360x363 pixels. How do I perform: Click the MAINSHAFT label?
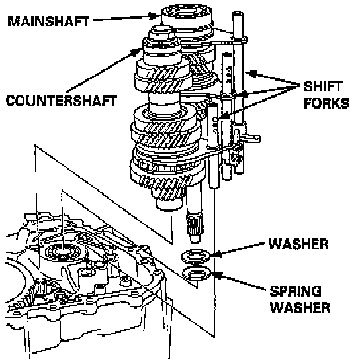click(48, 21)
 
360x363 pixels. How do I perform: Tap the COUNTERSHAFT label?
click(62, 101)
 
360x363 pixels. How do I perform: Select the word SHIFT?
click(323, 86)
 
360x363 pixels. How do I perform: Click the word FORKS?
click(326, 103)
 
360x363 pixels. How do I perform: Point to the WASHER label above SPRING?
click(298, 244)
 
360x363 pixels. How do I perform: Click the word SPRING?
click(296, 291)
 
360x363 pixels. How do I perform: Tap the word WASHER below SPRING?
click(300, 307)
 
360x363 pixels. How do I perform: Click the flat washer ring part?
click(196, 256)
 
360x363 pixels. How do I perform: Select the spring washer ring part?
click(197, 274)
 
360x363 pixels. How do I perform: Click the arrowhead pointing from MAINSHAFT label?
click(154, 16)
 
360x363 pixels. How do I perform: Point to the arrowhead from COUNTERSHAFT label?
click(137, 52)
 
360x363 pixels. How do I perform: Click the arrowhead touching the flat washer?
click(215, 254)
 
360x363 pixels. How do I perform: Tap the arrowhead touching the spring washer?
click(216, 274)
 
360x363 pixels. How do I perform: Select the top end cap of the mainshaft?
click(187, 15)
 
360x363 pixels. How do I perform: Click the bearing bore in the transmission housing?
click(63, 252)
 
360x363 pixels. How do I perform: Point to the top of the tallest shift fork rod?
click(238, 13)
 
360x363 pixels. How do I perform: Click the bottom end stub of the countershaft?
click(169, 205)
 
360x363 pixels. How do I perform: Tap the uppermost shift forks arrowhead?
click(251, 74)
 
